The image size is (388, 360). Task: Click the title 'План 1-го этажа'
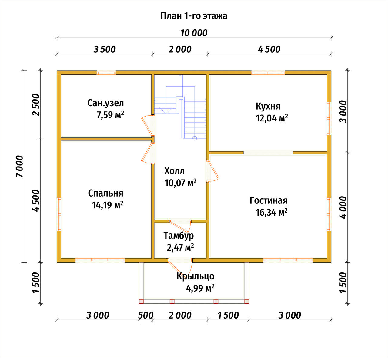[194, 16]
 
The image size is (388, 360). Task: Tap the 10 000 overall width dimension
[194, 33]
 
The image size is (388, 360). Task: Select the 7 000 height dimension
[19, 166]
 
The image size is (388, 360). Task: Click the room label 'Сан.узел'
[105, 103]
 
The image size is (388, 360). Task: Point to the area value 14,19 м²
[107, 205]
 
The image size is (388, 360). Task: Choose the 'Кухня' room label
[268, 106]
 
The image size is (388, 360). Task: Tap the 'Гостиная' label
[269, 200]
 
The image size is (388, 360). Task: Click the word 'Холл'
[174, 171]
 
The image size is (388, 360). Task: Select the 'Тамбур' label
[179, 236]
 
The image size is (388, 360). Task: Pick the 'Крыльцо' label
[196, 276]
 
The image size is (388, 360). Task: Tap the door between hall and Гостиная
[213, 171]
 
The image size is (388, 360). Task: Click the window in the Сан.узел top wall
[106, 73]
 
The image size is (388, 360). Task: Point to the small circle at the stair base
[195, 138]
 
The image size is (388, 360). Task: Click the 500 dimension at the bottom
[146, 315]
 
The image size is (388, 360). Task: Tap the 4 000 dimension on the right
[343, 207]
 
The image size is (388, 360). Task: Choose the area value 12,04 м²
[272, 118]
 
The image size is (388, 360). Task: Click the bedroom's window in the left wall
[59, 214]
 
